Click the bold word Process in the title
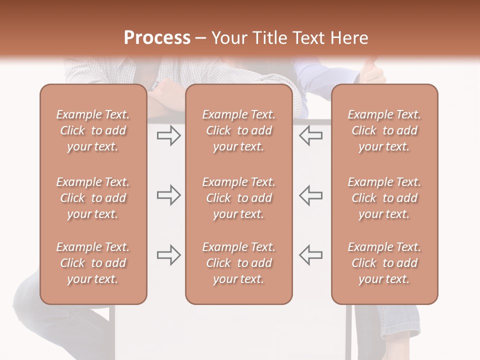click(x=157, y=38)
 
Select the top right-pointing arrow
click(x=168, y=135)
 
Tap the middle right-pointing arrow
click(x=168, y=195)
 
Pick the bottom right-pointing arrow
click(x=168, y=255)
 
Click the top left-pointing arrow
click(x=310, y=135)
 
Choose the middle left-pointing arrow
click(x=310, y=195)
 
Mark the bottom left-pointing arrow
click(x=310, y=255)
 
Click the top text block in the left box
click(x=93, y=130)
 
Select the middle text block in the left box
click(x=93, y=198)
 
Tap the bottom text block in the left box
click(x=93, y=263)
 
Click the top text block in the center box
click(x=238, y=130)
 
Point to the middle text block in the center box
click(x=238, y=198)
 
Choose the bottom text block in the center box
click(x=238, y=263)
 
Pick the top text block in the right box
click(x=384, y=130)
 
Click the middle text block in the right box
click(x=384, y=198)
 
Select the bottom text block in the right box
click(x=384, y=263)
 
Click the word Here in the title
click(x=350, y=38)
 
